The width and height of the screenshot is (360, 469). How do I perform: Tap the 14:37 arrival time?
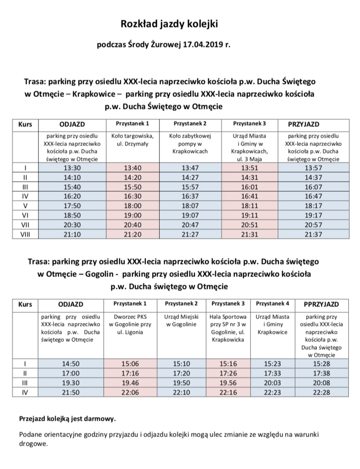[x=313, y=177]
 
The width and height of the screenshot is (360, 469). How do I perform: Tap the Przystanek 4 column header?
[x=272, y=303]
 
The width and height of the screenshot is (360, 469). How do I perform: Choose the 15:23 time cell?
[x=272, y=365]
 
